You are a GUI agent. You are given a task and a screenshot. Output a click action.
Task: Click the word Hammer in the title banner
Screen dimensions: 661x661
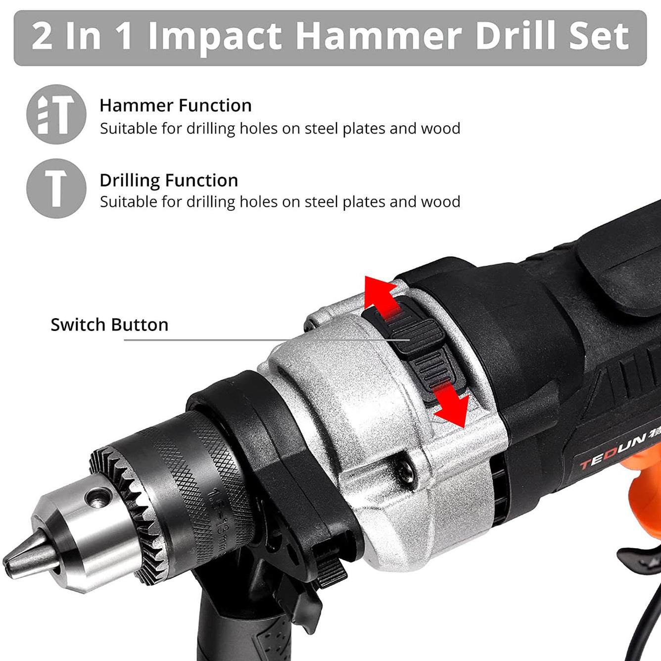pos(378,37)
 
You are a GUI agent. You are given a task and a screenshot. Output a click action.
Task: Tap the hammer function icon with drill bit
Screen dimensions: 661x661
pos(56,114)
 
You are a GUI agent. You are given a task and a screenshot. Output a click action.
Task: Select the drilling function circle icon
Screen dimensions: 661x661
pos(56,189)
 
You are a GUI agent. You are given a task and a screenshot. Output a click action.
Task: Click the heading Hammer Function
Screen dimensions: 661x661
pos(175,105)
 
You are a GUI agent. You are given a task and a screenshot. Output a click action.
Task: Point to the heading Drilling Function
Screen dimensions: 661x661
pos(169,180)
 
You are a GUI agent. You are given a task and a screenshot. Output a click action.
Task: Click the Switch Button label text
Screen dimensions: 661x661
pos(109,325)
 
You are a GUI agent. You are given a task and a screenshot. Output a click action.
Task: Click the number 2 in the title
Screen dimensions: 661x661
pos(42,37)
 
